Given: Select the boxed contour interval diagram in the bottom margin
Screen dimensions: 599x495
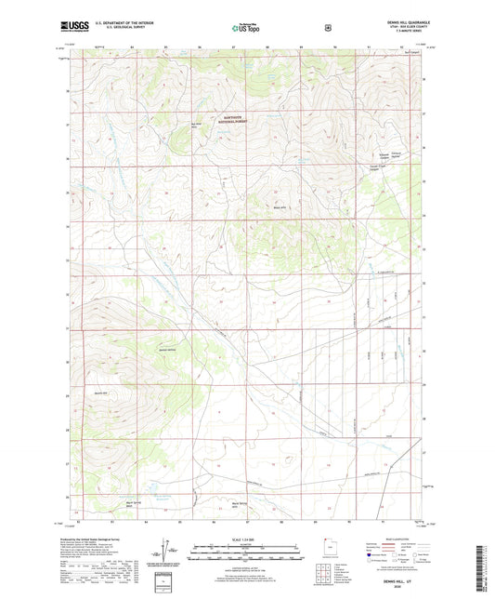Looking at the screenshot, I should (167, 584).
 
